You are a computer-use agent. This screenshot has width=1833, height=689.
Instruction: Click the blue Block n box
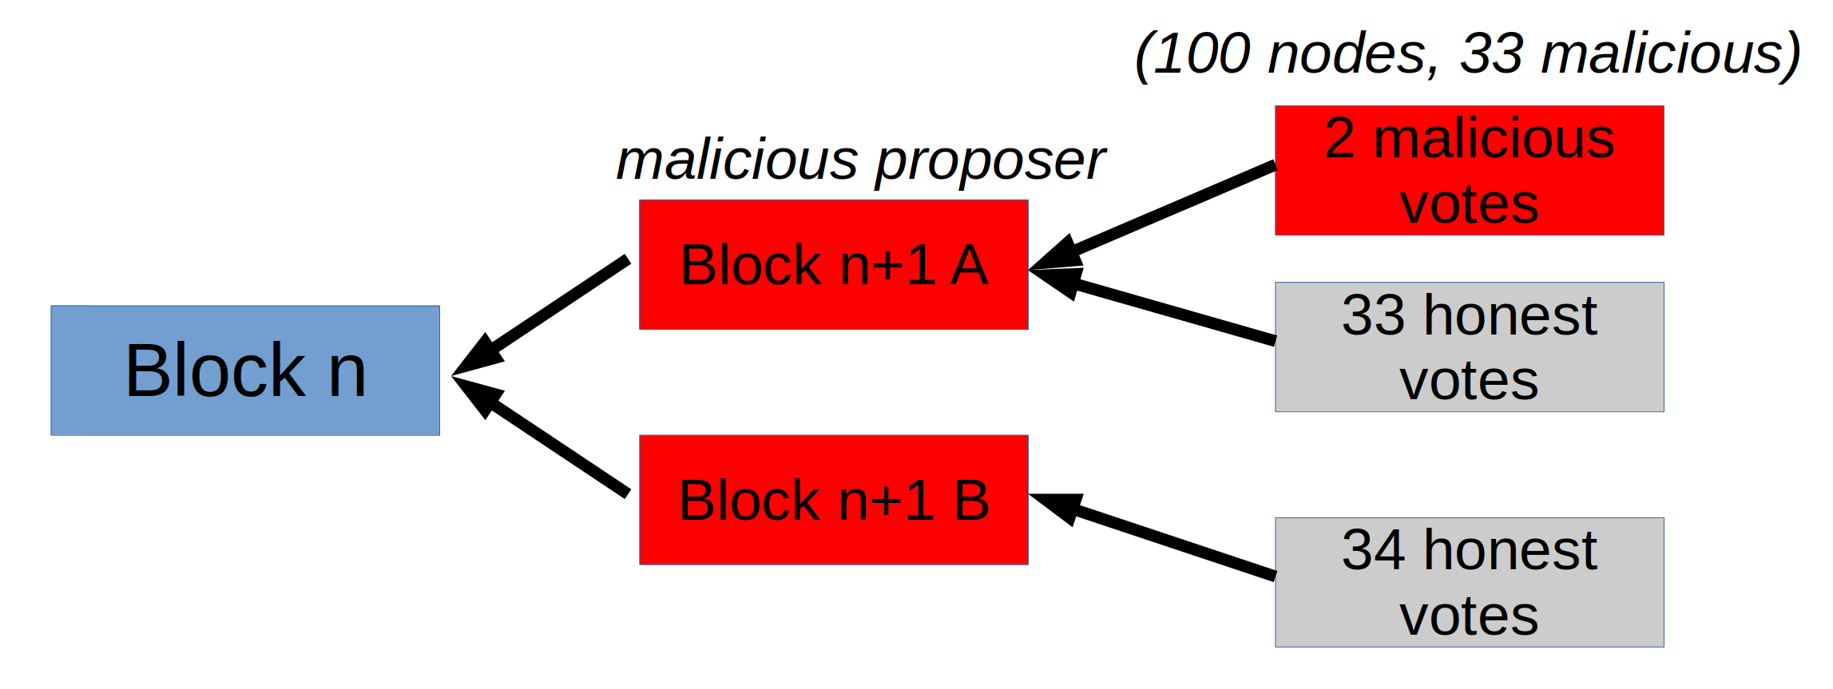[x=245, y=370]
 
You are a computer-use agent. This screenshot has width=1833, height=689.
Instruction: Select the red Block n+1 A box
[x=834, y=264]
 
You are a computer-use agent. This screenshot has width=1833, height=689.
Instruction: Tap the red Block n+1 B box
[x=834, y=500]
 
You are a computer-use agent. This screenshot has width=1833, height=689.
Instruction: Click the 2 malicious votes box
[x=1470, y=170]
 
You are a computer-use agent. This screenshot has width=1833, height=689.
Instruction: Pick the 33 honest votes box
[x=1470, y=346]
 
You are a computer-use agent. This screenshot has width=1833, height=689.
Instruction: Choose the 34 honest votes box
[x=1470, y=582]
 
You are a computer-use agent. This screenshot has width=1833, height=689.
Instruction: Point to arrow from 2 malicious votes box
[x=1166, y=211]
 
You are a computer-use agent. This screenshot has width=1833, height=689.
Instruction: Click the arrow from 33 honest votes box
[x=1166, y=311]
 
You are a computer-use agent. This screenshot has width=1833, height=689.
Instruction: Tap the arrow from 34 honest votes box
[x=1166, y=539]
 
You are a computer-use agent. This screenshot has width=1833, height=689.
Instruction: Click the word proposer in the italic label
[x=990, y=161]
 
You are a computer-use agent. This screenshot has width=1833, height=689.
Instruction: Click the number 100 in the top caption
[x=1201, y=54]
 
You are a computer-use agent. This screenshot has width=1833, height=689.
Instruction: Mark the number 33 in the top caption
[x=1491, y=54]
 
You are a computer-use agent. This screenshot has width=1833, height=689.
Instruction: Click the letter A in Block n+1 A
[x=969, y=265]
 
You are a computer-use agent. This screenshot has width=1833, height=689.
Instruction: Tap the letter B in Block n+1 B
[x=971, y=501]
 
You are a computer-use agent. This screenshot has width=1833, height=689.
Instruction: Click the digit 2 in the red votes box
[x=1339, y=139]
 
